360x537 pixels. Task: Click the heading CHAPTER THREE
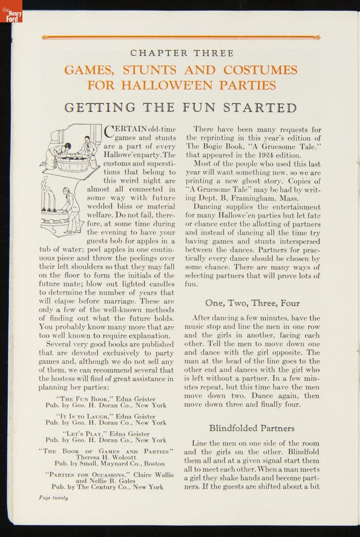click(181, 53)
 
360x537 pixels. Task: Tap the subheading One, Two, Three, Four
click(253, 303)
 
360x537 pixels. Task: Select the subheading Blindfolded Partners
click(252, 428)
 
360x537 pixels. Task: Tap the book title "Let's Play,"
click(86, 433)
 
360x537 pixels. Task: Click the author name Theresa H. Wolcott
click(106, 457)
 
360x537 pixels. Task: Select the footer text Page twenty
click(52, 497)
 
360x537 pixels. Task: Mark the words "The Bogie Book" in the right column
click(213, 146)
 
